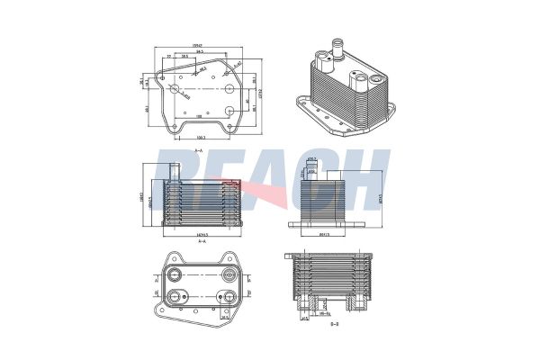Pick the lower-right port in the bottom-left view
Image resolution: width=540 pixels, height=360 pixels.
point(228,298)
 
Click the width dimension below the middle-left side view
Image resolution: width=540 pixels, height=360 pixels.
point(200,232)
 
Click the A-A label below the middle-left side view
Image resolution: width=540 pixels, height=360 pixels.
point(200,241)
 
